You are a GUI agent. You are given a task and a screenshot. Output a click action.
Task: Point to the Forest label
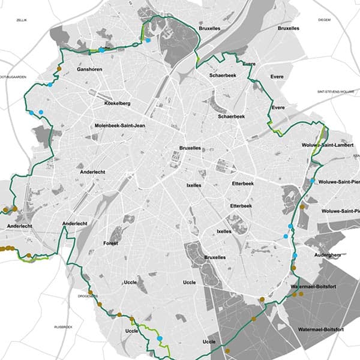pos(110,243)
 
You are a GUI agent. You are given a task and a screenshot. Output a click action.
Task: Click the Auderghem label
pos(328,254)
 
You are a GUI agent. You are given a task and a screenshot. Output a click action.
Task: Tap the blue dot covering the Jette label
pos(102,50)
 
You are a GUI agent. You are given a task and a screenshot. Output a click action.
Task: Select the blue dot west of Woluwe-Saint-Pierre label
pos(313,181)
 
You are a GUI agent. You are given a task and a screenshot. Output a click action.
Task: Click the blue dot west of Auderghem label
pos(295,257)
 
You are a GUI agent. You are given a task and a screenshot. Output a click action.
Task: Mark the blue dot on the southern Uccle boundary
pos(160,339)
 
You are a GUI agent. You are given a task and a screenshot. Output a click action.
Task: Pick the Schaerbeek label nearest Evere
pos(222,76)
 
